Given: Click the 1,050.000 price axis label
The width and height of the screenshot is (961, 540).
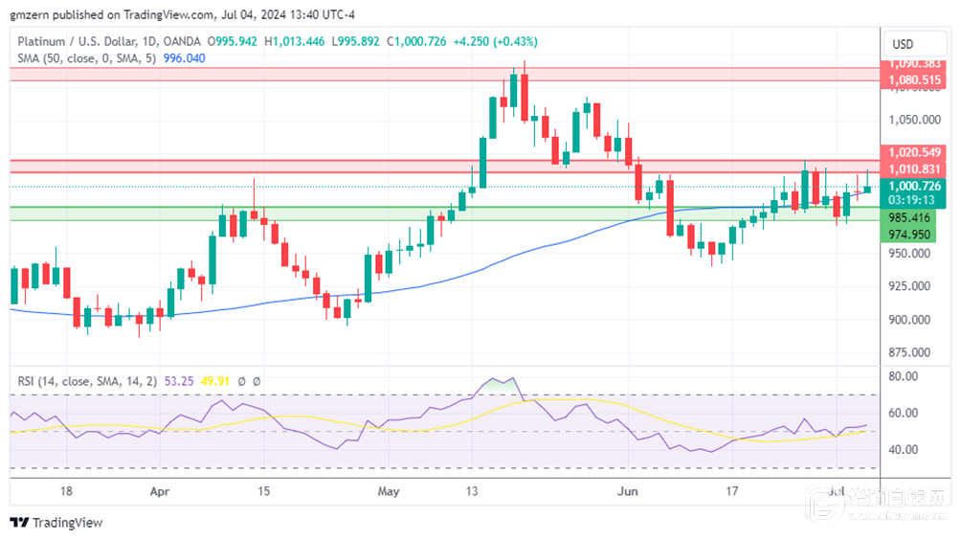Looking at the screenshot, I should tap(910, 120).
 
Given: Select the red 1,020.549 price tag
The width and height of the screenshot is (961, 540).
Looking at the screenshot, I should tap(915, 152).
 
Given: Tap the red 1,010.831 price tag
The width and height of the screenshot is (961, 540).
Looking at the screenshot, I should tap(915, 169).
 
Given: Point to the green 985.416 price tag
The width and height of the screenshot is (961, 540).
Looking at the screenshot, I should tap(909, 217).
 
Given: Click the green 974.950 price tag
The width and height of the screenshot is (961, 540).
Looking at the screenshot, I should tap(909, 235).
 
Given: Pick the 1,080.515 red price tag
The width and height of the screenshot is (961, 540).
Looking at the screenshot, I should tap(915, 80).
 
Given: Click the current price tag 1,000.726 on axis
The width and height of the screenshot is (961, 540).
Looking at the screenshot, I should tap(915, 186).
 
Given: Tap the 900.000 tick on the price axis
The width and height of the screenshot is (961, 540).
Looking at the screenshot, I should tap(910, 320).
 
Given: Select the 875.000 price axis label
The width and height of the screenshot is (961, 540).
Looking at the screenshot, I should tap(910, 353).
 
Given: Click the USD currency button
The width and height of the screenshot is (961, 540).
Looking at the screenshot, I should tap(903, 44).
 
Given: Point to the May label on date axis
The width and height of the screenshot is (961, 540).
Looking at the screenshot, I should tap(388, 491).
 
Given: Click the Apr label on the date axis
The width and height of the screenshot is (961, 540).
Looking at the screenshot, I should tap(160, 491).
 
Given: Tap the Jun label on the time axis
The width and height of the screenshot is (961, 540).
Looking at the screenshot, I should tap(628, 491).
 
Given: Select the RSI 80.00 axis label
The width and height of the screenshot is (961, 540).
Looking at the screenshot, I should tap(904, 377).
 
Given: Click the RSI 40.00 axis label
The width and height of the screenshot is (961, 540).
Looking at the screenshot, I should tap(904, 449).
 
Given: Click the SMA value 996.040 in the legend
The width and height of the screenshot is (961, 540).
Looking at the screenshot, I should tap(187, 58).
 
